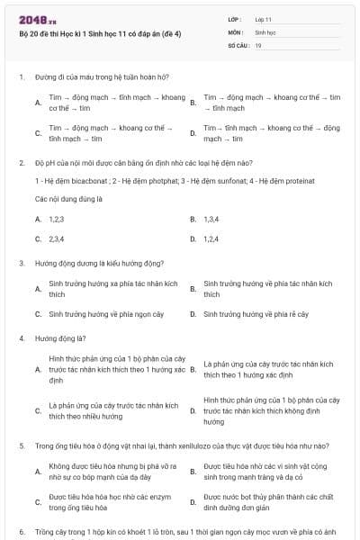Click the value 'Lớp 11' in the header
264,19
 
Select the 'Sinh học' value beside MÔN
265,31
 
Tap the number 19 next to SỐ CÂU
258,45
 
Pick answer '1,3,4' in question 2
211,219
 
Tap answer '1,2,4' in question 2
211,239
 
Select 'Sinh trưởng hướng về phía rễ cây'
256,314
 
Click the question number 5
21,445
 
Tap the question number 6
21,533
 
